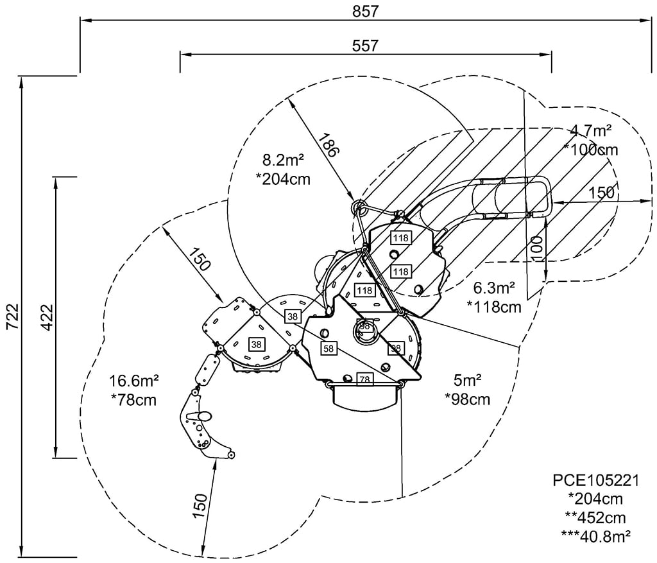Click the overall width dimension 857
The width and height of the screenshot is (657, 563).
pyautogui.click(x=365, y=11)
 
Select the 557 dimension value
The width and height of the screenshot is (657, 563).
pyautogui.click(x=365, y=46)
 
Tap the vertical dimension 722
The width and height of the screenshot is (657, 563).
pyautogui.click(x=12, y=316)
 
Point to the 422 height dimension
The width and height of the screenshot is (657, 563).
pyautogui.click(x=46, y=316)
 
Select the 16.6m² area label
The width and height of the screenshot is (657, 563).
pyautogui.click(x=134, y=381)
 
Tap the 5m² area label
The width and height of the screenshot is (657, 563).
pyautogui.click(x=467, y=380)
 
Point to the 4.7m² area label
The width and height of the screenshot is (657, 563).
pyautogui.click(x=590, y=131)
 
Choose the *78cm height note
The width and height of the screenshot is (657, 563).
pyautogui.click(x=134, y=400)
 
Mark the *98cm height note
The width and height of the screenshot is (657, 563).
pyautogui.click(x=467, y=399)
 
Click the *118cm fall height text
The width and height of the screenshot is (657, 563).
pyautogui.click(x=494, y=307)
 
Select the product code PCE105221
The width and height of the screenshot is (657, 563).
pyautogui.click(x=595, y=480)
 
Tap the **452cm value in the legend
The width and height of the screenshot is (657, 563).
pyautogui.click(x=595, y=517)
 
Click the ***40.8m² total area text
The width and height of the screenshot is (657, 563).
pyautogui.click(x=595, y=535)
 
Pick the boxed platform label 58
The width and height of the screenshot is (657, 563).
pyautogui.click(x=329, y=349)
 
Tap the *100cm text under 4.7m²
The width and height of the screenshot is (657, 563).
pyautogui.click(x=590, y=150)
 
